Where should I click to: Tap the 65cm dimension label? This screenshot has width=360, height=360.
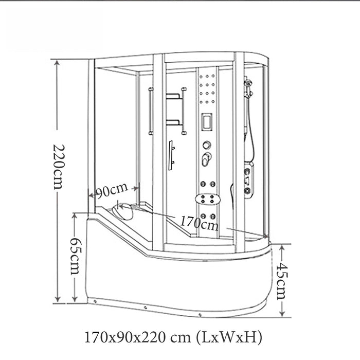[x=76, y=256]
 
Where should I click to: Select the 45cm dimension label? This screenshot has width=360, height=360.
[x=282, y=281]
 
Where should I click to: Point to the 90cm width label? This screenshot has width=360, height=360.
[x=112, y=190]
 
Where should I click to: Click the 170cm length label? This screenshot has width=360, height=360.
[x=199, y=223]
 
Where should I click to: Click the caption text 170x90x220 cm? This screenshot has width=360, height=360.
[x=138, y=337]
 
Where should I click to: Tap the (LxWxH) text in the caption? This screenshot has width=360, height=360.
[x=229, y=337]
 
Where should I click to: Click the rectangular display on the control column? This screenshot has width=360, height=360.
[x=207, y=122]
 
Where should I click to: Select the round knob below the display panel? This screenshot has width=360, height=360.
[x=207, y=145]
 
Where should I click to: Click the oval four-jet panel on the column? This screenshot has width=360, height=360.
[x=208, y=199]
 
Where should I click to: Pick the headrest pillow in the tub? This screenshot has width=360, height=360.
[x=122, y=211]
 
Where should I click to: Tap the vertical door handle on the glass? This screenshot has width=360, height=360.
[x=171, y=155]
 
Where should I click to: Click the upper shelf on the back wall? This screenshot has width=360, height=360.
[x=173, y=96]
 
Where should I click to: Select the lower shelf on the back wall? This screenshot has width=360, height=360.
[x=173, y=122]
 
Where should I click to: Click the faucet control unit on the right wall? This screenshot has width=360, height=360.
[x=248, y=180]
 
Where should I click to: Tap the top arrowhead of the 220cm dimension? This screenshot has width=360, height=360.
[x=57, y=62]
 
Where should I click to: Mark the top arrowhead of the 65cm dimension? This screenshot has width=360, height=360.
[x=75, y=216]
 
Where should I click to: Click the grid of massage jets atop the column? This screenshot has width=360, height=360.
[x=207, y=89]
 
